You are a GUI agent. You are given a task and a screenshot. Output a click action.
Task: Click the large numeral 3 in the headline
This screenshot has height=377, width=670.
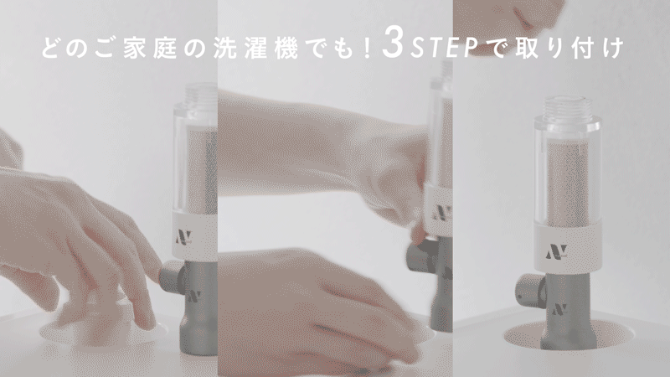pyautogui.click(x=393, y=43)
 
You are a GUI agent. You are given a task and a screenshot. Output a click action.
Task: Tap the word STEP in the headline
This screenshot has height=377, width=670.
pyautogui.click(x=444, y=49)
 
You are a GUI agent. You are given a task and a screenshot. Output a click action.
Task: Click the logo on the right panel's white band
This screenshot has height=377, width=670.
pyautogui.click(x=556, y=252)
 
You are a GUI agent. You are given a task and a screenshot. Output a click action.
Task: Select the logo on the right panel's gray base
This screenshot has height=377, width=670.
pyautogui.click(x=559, y=309)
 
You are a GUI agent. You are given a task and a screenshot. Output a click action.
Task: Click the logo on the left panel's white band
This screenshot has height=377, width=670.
pyautogui.click(x=183, y=237)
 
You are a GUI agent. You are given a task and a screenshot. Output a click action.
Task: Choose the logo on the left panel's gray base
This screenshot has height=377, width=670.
pyautogui.click(x=193, y=296)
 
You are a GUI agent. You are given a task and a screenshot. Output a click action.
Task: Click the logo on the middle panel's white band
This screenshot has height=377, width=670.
pyautogui.click(x=442, y=213)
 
